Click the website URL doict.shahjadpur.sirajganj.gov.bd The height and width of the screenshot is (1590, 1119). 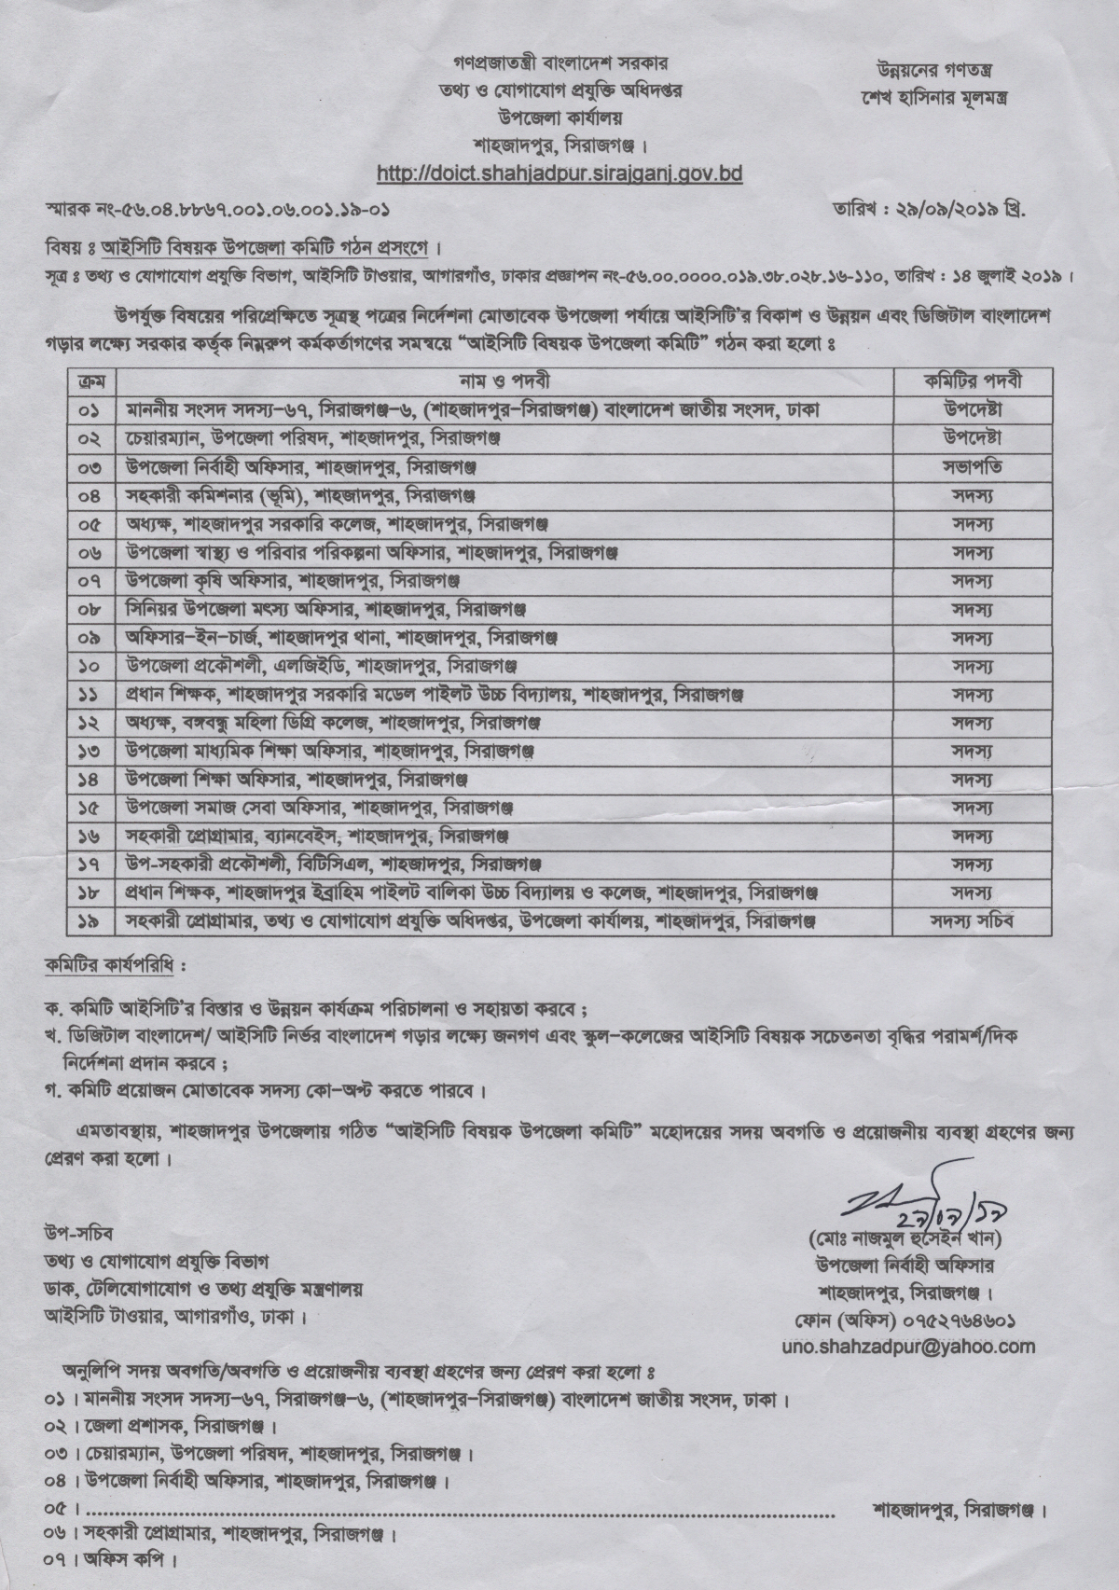click(559, 173)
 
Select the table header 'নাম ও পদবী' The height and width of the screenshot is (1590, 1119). click(507, 381)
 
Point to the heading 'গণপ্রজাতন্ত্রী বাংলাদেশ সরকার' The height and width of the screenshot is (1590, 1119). click(559, 66)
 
